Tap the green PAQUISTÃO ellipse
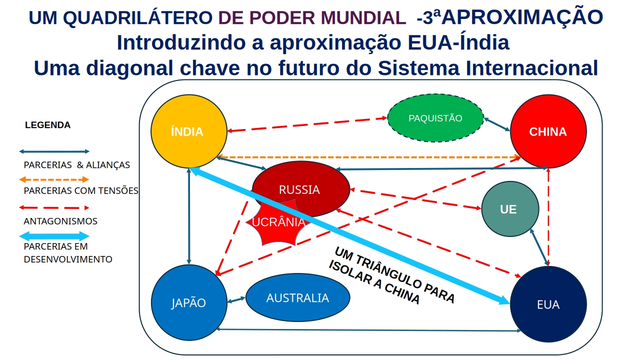435,118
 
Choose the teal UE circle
510,209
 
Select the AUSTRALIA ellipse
298,297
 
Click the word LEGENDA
47,125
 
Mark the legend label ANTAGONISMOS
60,221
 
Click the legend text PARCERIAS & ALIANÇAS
76,165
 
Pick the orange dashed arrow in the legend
54,179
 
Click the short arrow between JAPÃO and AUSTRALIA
236,300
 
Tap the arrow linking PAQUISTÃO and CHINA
497,124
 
